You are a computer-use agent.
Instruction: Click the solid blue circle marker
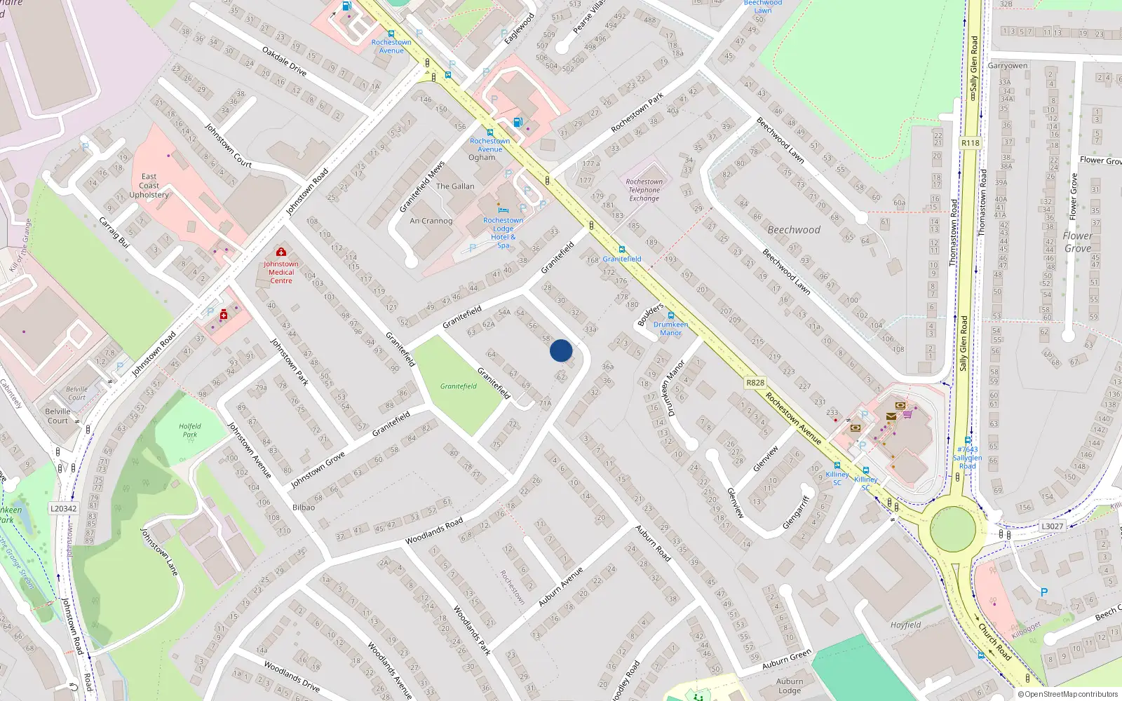561,350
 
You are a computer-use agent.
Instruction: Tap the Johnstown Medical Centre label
281,272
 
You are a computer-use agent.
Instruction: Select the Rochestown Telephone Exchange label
644,190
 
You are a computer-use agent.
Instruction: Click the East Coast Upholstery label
149,186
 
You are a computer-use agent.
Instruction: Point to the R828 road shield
755,383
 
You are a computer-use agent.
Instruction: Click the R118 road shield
970,143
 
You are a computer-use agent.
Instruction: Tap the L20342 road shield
64,509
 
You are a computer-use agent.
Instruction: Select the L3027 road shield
1052,526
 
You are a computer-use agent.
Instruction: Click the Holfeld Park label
189,430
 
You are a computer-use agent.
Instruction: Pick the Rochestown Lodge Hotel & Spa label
503,233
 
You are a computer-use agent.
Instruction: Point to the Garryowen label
1008,66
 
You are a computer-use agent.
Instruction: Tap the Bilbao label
304,508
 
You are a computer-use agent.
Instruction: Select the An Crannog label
431,221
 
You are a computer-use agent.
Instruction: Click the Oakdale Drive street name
284,62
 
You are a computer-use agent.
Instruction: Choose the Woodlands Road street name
434,531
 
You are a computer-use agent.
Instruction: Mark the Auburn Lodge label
790,686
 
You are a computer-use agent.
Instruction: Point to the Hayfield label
905,625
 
